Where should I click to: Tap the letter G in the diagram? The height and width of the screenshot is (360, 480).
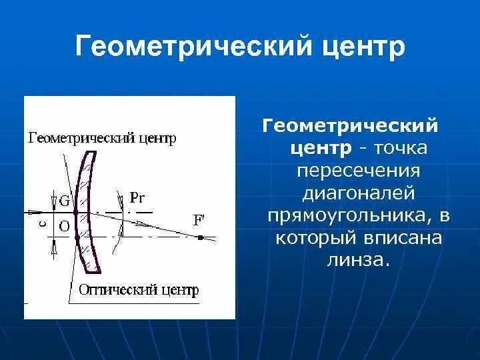click(x=64, y=199)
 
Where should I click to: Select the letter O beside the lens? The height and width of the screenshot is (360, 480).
click(x=64, y=226)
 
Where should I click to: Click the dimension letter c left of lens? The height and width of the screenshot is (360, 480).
click(x=41, y=224)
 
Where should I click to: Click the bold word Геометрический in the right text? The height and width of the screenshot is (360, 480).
click(x=351, y=125)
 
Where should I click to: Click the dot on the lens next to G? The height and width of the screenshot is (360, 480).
click(x=76, y=211)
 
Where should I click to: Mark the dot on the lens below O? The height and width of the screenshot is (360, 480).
click(x=77, y=237)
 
